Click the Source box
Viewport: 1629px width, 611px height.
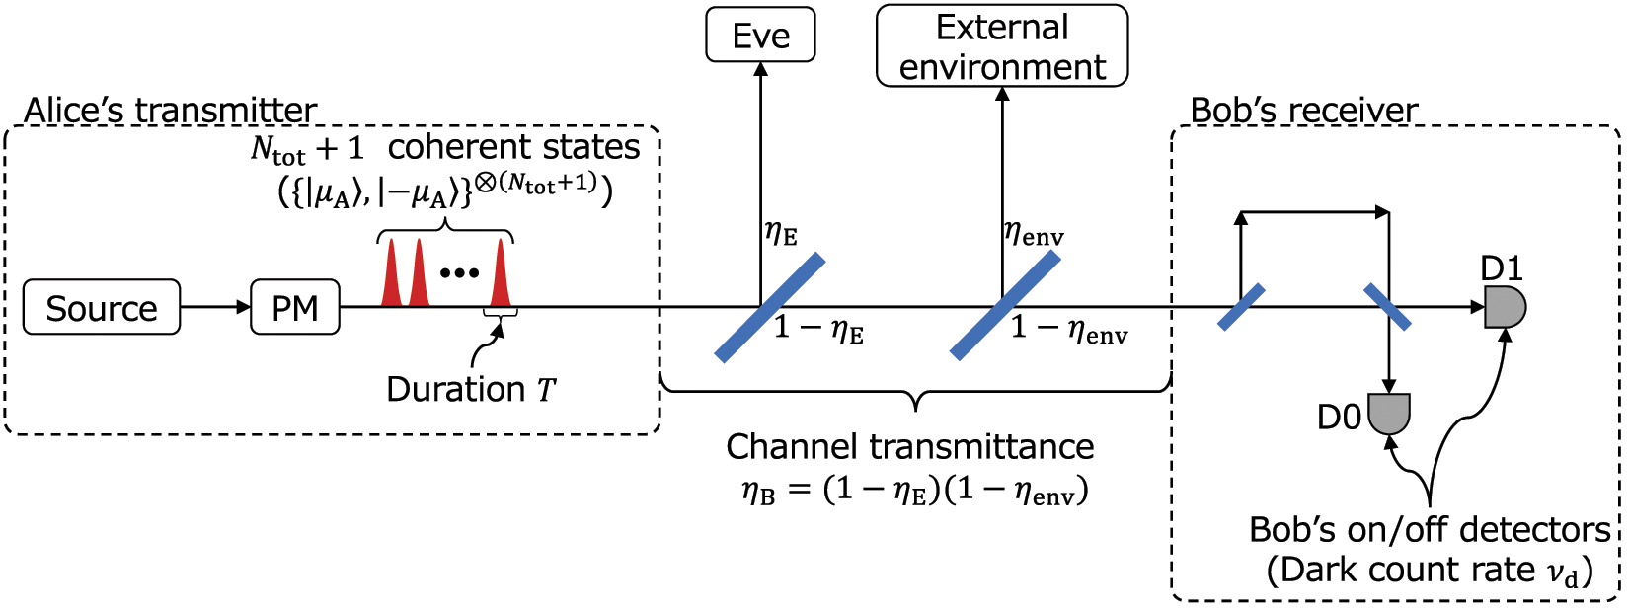pos(102,308)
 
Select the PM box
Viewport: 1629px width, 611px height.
pos(295,308)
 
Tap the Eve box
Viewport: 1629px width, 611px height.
pos(760,36)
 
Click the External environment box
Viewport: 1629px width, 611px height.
pos(1001,46)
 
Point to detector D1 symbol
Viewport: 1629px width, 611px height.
pos(1505,307)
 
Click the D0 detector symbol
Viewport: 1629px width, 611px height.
pos(1389,414)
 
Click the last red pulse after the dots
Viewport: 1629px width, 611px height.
pos(501,275)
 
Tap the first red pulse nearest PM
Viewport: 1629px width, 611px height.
pos(392,275)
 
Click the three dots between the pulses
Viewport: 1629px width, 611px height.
pos(459,273)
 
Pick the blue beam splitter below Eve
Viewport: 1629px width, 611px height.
pos(769,308)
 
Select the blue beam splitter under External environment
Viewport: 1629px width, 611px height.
pos(1005,305)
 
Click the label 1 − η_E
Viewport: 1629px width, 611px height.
pos(818,329)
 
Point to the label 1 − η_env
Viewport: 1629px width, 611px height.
pos(1068,329)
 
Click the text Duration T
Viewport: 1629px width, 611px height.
pos(471,390)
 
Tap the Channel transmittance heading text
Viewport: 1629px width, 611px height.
pos(909,447)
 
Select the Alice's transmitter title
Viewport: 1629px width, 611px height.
pos(170,110)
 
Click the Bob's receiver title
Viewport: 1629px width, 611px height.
pos(1303,110)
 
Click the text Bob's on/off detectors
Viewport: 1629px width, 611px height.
pos(1429,530)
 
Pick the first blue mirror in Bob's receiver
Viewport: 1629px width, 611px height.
pos(1241,307)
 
